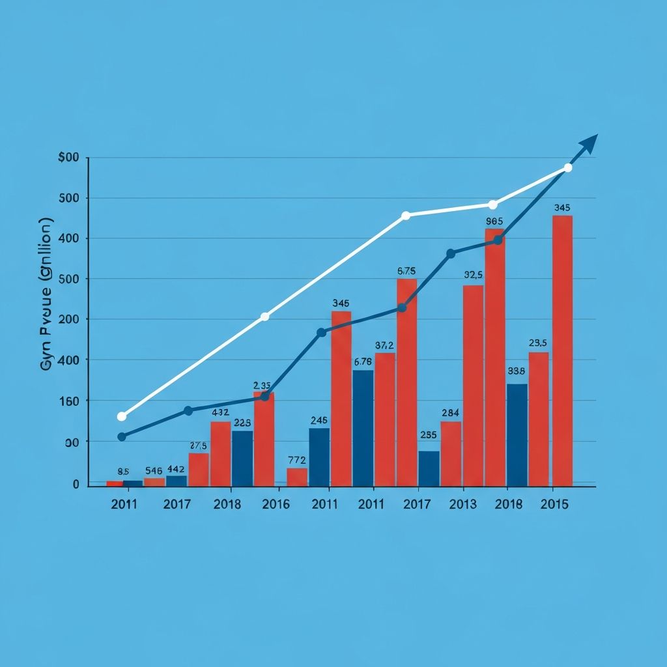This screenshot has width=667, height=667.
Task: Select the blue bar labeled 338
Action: (517, 434)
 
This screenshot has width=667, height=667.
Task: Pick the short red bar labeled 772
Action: (296, 477)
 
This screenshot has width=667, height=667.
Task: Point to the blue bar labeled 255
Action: (429, 468)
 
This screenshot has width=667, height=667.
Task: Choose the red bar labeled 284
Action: (451, 453)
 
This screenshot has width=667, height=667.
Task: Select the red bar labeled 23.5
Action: (539, 419)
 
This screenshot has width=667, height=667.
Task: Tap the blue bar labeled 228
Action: (242, 458)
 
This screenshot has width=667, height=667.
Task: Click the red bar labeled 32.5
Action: (473, 385)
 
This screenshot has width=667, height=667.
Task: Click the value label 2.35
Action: (262, 385)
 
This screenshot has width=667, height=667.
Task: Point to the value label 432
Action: (220, 412)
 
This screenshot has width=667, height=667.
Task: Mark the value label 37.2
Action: (384, 345)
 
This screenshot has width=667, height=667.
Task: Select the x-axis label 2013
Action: (462, 504)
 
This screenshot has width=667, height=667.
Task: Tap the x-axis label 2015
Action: (555, 504)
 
